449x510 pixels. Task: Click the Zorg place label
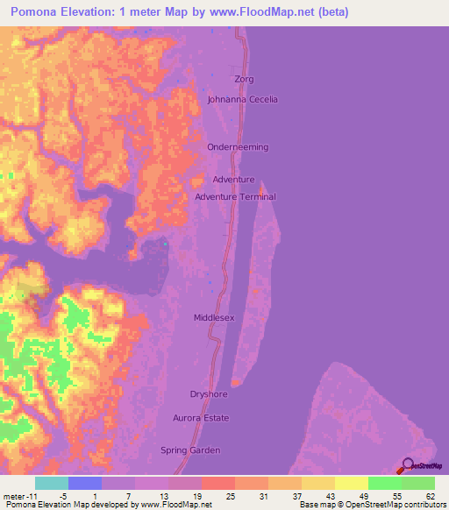click(x=244, y=79)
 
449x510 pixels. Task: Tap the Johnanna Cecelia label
click(x=242, y=99)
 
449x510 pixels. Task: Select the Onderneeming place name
click(x=238, y=147)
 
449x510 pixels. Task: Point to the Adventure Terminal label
click(x=235, y=197)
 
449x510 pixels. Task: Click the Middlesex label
click(x=214, y=318)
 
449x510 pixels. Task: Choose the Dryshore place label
click(x=210, y=394)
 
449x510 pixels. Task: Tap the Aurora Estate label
click(x=201, y=418)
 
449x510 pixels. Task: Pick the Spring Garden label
click(x=196, y=450)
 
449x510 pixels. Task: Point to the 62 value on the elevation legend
click(x=430, y=496)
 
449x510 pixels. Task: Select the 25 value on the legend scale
click(x=230, y=496)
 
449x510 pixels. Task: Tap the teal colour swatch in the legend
click(x=51, y=483)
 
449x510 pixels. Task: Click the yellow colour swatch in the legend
click(x=352, y=483)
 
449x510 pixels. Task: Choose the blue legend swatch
click(x=84, y=483)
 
